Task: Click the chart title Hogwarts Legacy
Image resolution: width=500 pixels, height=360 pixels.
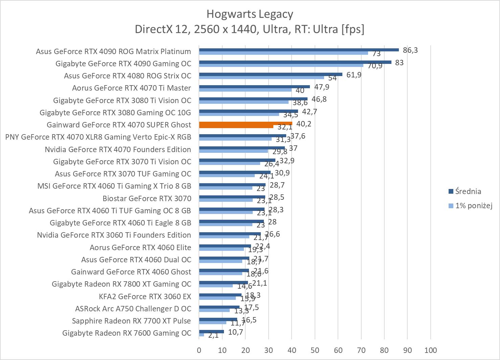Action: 250,14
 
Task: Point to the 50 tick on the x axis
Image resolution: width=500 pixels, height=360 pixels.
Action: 315,350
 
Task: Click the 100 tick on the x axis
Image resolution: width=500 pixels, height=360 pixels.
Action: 430,350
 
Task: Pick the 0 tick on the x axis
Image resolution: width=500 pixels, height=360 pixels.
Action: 199,350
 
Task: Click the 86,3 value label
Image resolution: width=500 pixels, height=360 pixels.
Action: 410,50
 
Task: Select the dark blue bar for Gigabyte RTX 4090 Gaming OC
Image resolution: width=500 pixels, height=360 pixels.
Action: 295,62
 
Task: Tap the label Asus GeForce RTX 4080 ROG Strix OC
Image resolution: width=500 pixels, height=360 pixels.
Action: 128,76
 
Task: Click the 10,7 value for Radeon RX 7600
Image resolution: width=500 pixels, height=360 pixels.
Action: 235,332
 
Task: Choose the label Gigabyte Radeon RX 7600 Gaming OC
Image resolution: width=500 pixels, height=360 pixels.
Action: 127,333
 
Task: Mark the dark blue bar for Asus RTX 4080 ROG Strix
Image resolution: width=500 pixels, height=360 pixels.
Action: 271,74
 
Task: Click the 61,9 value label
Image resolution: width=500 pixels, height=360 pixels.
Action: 354,75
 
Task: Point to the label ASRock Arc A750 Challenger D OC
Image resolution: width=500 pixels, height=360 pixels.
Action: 133,309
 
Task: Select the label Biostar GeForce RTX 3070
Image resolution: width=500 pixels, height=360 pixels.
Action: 147,198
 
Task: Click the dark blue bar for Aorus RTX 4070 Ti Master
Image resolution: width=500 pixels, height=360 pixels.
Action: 254,87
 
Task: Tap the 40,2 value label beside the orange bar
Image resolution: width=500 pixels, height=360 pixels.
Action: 304,124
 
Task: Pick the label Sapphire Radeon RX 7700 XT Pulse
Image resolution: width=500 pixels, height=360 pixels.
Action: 131,321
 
